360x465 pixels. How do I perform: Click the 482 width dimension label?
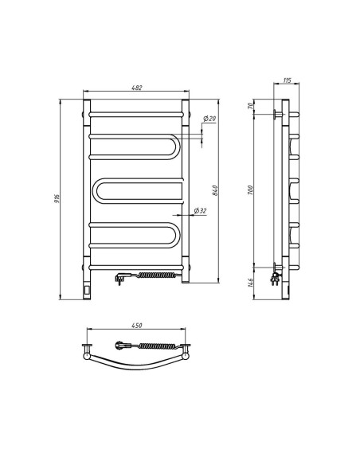click(137, 88)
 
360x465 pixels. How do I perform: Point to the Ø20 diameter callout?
click(209, 119)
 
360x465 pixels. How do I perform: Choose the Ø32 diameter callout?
click(200, 210)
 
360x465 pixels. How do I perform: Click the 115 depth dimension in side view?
click(288, 81)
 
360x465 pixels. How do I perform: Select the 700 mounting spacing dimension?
click(249, 190)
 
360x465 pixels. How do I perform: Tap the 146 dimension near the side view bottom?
click(249, 282)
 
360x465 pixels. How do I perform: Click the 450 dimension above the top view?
click(136, 326)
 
